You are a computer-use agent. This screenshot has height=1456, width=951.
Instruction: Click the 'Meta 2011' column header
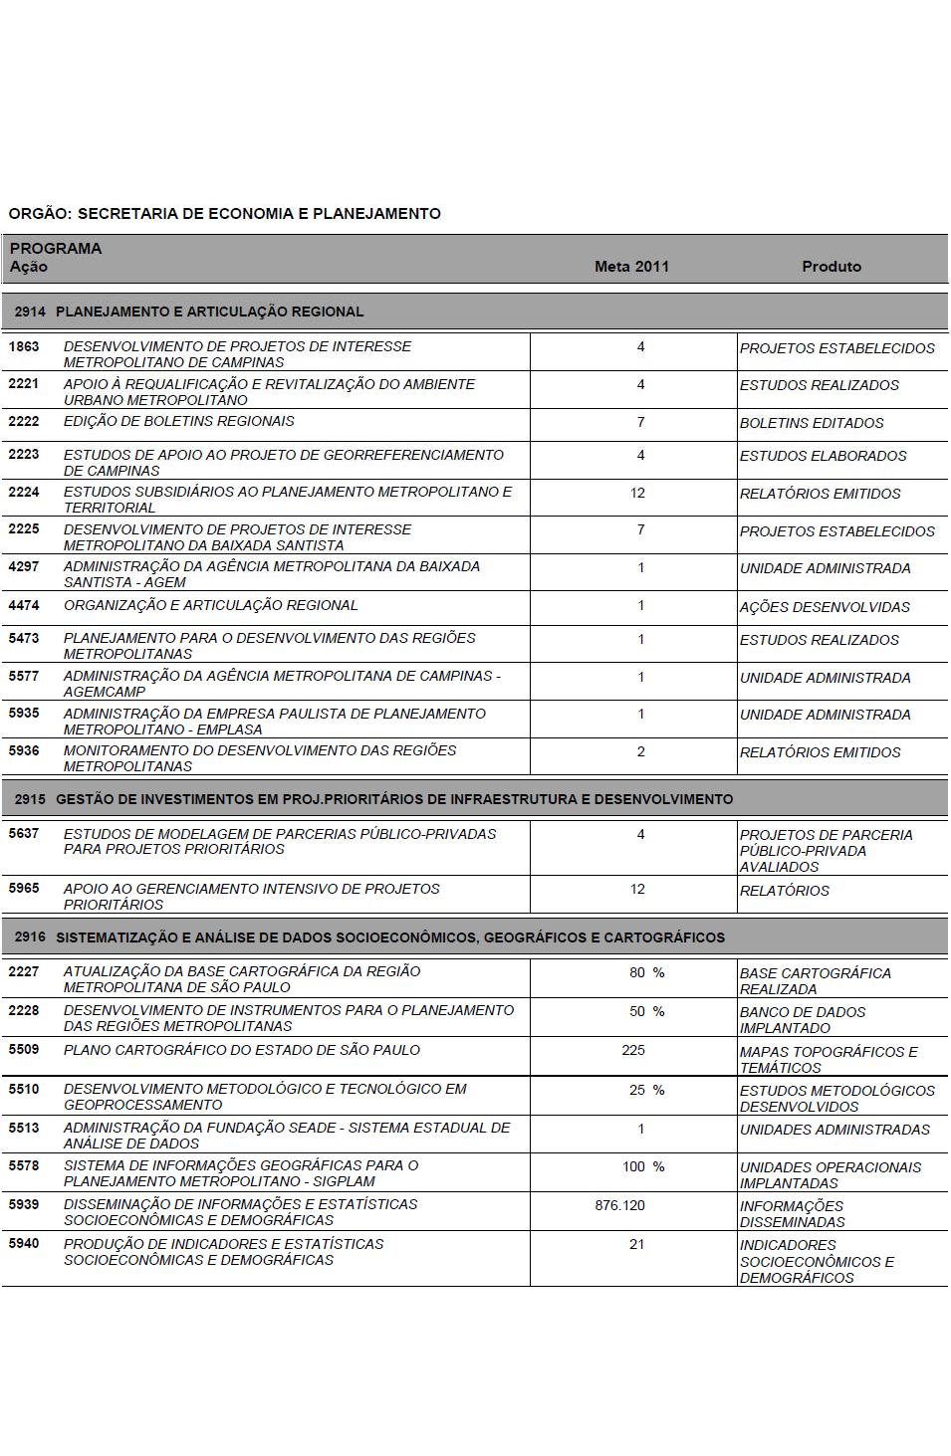631,267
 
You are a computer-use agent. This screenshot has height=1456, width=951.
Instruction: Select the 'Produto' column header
832,267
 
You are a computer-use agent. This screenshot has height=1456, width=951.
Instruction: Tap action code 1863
24,347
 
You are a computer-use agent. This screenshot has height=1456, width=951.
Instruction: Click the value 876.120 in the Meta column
619,1205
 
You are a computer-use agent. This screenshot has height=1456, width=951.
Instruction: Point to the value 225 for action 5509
632,1051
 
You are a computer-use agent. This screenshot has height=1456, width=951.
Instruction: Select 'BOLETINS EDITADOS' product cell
812,423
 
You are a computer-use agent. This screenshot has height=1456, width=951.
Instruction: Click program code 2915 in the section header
30,799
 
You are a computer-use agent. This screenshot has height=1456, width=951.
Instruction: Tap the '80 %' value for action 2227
646,972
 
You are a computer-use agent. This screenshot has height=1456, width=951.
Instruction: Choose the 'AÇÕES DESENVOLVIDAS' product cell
825,607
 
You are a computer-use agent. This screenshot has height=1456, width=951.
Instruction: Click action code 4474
24,605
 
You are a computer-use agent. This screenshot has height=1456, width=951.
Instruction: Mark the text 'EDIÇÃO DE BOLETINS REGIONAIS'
179,422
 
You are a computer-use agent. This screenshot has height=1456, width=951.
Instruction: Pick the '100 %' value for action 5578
643,1166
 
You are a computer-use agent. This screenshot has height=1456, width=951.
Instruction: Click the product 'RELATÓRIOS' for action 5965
784,891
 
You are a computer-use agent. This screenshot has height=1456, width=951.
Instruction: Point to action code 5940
24,1244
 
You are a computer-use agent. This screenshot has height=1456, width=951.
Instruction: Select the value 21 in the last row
636,1244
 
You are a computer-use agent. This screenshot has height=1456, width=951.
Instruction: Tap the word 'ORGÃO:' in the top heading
40,214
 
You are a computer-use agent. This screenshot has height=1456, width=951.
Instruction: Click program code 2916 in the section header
30,937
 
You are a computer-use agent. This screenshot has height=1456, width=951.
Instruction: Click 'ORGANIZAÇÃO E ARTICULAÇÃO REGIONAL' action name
210,605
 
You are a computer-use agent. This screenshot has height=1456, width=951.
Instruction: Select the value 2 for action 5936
640,751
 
